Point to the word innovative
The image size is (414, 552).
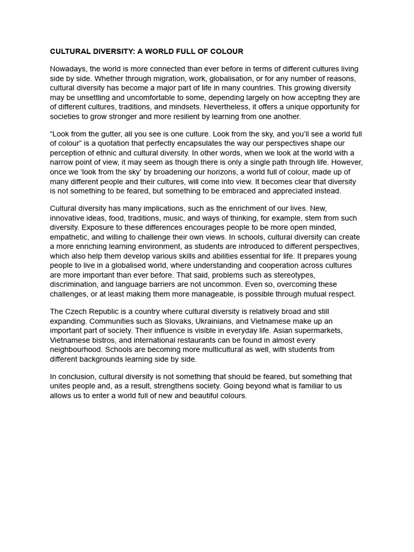pos(68,218)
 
